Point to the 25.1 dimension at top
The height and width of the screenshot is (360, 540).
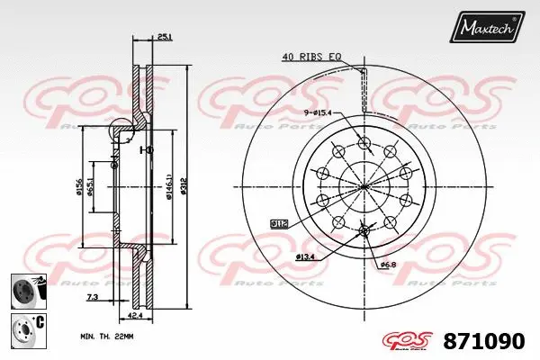click(163, 38)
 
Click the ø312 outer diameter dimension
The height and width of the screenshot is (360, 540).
click(184, 185)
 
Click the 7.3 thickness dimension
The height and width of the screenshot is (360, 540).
click(92, 297)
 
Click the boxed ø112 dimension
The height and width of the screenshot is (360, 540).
click(279, 221)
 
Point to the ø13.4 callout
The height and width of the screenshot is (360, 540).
click(306, 258)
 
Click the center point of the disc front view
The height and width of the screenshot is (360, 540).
click(364, 187)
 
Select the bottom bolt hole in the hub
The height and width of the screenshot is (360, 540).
click(364, 232)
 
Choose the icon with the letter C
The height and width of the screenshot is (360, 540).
click(23, 330)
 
